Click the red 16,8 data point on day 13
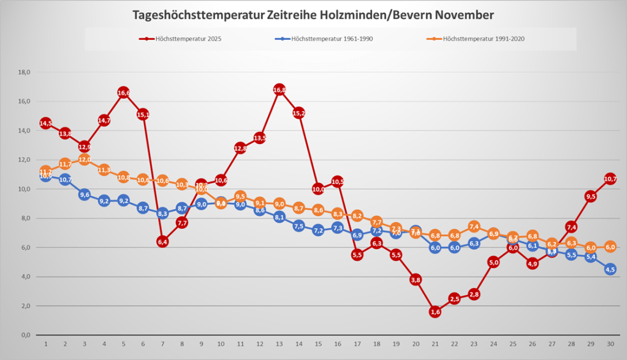(x=279, y=90)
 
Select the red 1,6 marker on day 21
(x=435, y=312)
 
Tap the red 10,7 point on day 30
(x=610, y=179)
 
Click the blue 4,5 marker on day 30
(x=610, y=269)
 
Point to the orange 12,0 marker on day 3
(x=84, y=159)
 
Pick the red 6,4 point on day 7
(x=162, y=242)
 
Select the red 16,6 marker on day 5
(x=123, y=93)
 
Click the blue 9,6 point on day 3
(x=84, y=195)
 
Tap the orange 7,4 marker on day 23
(x=474, y=227)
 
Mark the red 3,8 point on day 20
(x=416, y=280)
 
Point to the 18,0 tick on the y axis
(x=25, y=72)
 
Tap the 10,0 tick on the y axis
(x=25, y=189)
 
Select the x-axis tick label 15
(x=318, y=345)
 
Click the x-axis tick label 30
(x=610, y=345)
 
